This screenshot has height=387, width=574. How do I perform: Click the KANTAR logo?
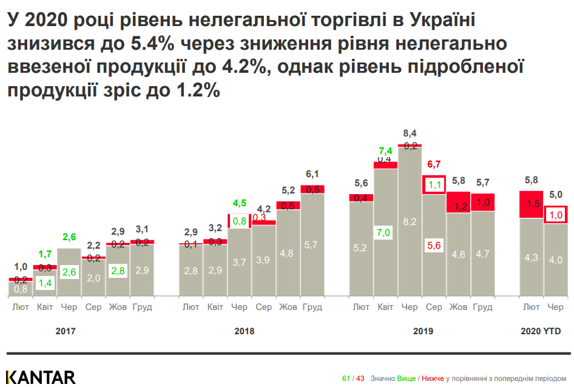coord(41,377)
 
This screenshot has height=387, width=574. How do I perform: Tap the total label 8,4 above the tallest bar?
coord(410,133)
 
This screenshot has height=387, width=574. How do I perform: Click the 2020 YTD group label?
coord(541,331)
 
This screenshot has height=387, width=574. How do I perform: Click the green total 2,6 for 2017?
coord(70,237)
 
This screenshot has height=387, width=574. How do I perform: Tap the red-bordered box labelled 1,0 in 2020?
coord(556,215)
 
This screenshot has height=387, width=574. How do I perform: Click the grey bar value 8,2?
coord(410,221)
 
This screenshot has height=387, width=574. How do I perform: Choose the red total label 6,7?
coord(434,164)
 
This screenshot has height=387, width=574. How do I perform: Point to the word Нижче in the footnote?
coord(433,379)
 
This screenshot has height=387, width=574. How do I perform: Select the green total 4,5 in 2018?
coord(240,203)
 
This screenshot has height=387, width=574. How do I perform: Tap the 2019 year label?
coord(423,331)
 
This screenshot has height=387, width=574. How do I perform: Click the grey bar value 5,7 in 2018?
coord(312,245)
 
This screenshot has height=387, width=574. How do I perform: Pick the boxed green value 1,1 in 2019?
coord(434,184)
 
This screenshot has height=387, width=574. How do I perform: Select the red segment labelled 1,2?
coord(459,206)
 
